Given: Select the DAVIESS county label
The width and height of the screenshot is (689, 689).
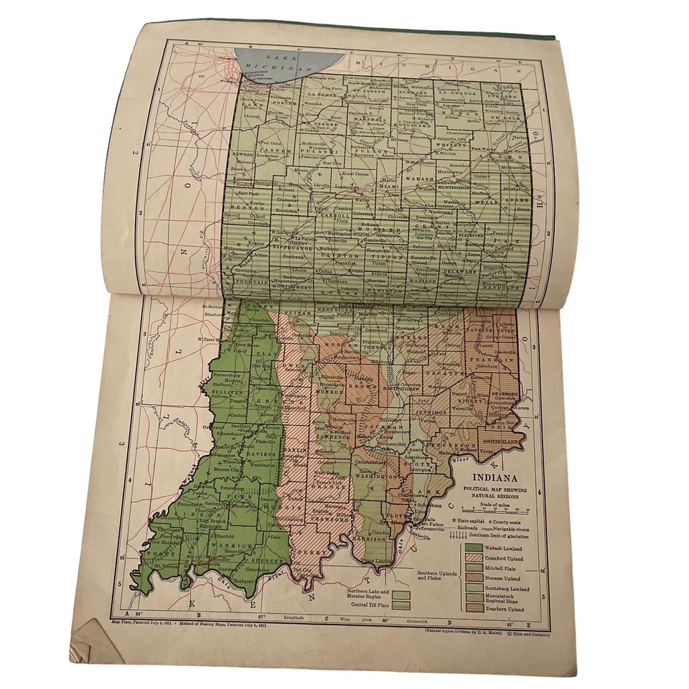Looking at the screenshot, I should click(263, 454).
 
